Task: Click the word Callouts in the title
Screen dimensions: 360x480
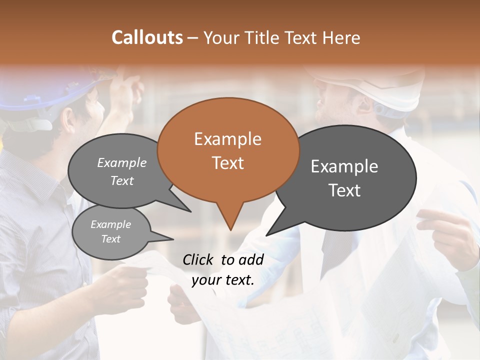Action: [x=147, y=37]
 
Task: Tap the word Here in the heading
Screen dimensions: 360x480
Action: [x=341, y=37]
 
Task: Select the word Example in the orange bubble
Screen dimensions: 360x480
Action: [x=227, y=139]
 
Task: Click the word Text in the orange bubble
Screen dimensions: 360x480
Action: [x=227, y=163]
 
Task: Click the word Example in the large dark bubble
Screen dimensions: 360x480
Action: [x=344, y=166]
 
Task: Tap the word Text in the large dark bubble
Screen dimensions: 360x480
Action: [x=344, y=190]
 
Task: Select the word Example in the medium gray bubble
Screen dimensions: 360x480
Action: [x=122, y=162]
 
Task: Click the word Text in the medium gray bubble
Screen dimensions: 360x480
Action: [x=122, y=180]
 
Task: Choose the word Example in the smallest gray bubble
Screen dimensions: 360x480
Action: [x=110, y=224]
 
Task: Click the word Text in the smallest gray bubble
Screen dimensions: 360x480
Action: [x=110, y=239]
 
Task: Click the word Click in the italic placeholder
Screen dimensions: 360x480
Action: [x=199, y=259]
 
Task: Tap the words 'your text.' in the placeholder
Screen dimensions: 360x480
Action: [x=223, y=280]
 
